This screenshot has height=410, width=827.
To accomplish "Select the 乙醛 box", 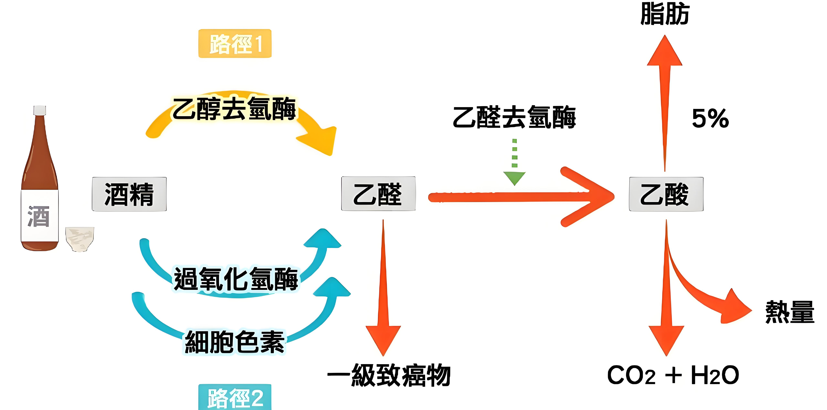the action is coord(378,194).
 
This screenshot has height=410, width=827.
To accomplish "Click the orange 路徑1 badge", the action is coord(235,44).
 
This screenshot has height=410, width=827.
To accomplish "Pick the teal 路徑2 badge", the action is coord(235,397).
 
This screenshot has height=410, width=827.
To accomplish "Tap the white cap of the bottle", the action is coord(40,110).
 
